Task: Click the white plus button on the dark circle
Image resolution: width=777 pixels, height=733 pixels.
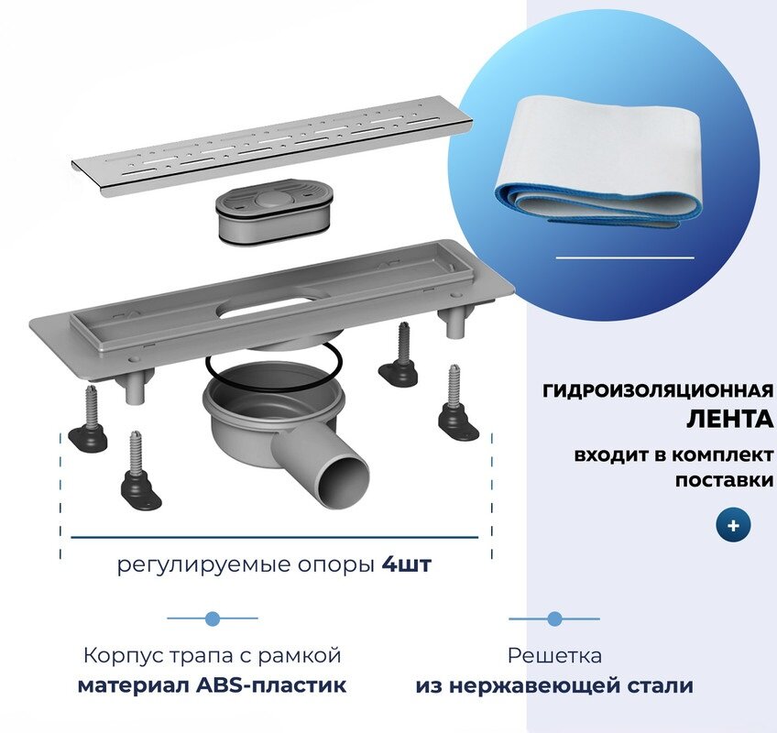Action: pos(734,527)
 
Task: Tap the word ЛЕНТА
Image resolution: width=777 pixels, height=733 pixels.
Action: pos(730,420)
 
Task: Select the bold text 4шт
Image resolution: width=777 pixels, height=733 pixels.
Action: pos(405,565)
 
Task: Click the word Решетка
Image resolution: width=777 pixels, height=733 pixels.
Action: pos(554,656)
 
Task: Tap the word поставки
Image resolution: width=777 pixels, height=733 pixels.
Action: pos(724,479)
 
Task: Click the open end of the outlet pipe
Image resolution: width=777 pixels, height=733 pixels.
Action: pos(349,478)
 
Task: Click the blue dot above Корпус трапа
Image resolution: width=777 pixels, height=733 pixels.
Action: pos(213,619)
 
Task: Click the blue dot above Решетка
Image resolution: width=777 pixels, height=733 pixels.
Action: pos(553,619)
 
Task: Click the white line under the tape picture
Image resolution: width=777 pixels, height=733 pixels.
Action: pos(625,258)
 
